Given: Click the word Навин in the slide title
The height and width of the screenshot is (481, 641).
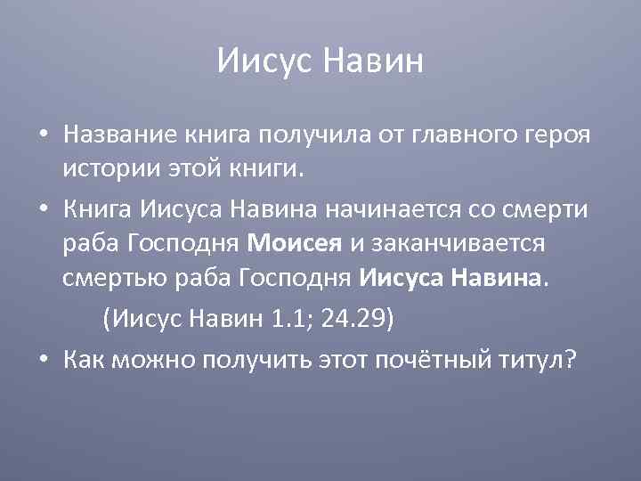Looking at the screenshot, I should pos(373,61).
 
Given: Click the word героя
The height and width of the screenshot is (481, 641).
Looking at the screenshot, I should pos(558,135).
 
